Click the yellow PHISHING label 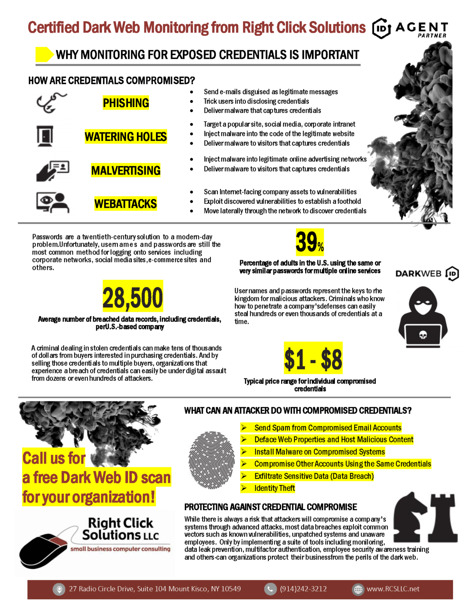[x=126, y=103]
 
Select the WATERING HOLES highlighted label [x=126, y=137]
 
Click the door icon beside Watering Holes [x=45, y=136]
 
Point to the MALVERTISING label [x=126, y=171]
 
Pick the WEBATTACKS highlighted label [x=126, y=204]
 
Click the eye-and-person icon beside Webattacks [x=53, y=202]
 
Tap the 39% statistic [x=309, y=242]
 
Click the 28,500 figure [x=133, y=297]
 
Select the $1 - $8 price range [x=313, y=359]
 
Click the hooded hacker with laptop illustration [x=423, y=317]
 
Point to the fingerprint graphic [x=211, y=460]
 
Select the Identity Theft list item [x=274, y=488]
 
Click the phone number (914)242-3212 [x=303, y=589]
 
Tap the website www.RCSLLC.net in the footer [x=393, y=589]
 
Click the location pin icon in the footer [x=59, y=589]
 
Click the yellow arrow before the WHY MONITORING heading [x=44, y=54]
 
